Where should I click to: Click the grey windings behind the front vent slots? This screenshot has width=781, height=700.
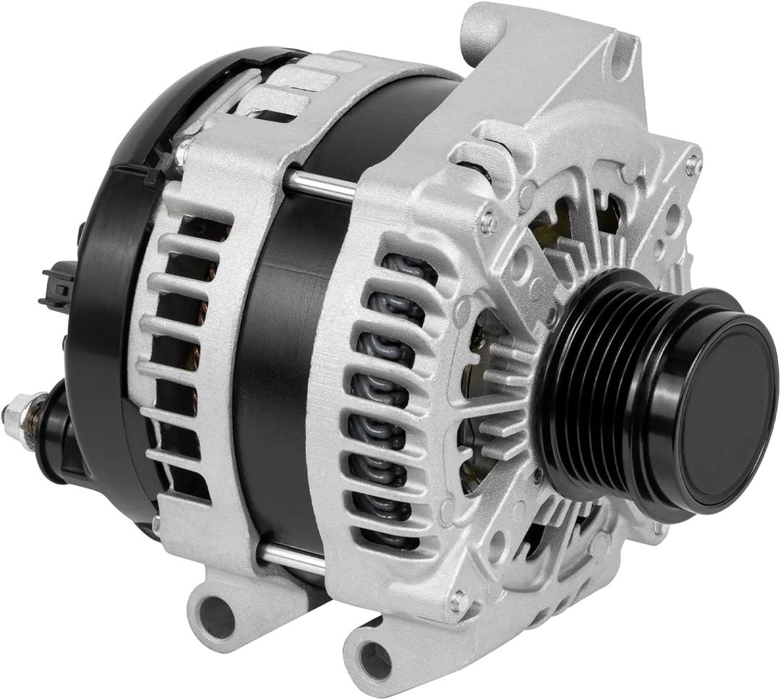[x=383, y=405]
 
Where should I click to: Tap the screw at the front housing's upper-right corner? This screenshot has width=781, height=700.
[x=693, y=163]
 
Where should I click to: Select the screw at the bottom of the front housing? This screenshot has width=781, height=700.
[x=458, y=599]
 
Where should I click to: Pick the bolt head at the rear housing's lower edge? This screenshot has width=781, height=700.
[x=156, y=520]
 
